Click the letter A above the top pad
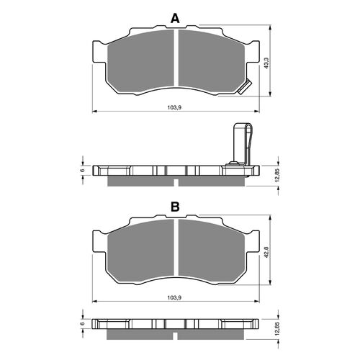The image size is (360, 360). pyautogui.click(x=175, y=18)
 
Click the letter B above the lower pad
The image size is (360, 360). pyautogui.click(x=175, y=207)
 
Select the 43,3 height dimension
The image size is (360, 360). pyautogui.click(x=267, y=63)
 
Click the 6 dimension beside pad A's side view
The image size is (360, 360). pyautogui.click(x=82, y=171)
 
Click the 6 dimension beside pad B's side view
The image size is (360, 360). pyautogui.click(x=82, y=324)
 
